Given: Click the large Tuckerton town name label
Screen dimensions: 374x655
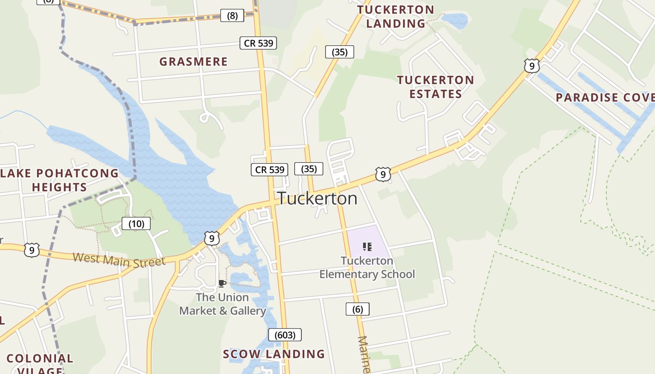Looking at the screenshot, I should point(317,199).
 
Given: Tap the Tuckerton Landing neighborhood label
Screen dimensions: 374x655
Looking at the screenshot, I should point(396,17).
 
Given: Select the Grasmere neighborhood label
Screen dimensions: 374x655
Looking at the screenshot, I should point(193,62).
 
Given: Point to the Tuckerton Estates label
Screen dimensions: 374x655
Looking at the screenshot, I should point(436,87).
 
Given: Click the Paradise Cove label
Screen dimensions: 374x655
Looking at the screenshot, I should point(604,98).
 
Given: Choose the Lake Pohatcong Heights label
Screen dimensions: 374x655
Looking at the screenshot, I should point(59,180).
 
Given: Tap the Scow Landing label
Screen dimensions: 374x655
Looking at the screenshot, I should point(274,354).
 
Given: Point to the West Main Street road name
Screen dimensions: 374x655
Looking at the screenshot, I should point(119,259).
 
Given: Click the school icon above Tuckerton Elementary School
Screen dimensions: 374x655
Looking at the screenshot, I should point(367,246).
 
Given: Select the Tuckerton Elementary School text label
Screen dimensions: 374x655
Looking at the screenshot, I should point(367,267).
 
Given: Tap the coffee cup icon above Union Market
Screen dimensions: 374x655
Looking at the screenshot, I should point(222,283).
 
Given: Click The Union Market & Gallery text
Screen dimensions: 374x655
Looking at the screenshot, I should point(223,304).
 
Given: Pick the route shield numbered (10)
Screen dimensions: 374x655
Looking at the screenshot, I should point(136,224).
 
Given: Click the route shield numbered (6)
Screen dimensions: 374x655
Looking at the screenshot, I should point(357,309).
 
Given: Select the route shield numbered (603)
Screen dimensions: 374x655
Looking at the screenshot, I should point(284,335).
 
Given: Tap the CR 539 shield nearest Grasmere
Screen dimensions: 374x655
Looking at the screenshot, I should point(258,43).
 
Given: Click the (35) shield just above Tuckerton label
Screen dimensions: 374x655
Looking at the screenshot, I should point(309,169).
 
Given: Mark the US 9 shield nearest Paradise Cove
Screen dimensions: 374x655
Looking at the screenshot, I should point(531,66).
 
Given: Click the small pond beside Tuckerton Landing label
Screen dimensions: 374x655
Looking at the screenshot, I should point(454,21).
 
